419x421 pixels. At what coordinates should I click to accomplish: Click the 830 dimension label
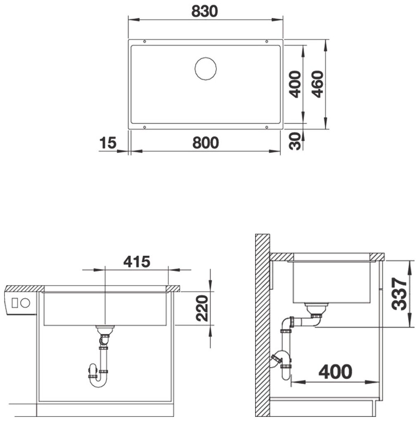coord(204,12)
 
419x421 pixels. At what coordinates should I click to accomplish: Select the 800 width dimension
coord(206,143)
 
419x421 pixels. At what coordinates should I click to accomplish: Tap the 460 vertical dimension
coord(318,84)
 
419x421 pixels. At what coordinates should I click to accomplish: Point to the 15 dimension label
coord(108,143)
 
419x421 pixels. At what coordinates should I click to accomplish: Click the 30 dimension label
coord(295,141)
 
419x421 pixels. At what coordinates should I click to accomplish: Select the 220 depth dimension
coord(202,308)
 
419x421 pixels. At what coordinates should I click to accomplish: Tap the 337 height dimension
coord(399,294)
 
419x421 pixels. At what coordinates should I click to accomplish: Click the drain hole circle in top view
coord(206,69)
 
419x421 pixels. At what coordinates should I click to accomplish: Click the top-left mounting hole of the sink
coord(144,41)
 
